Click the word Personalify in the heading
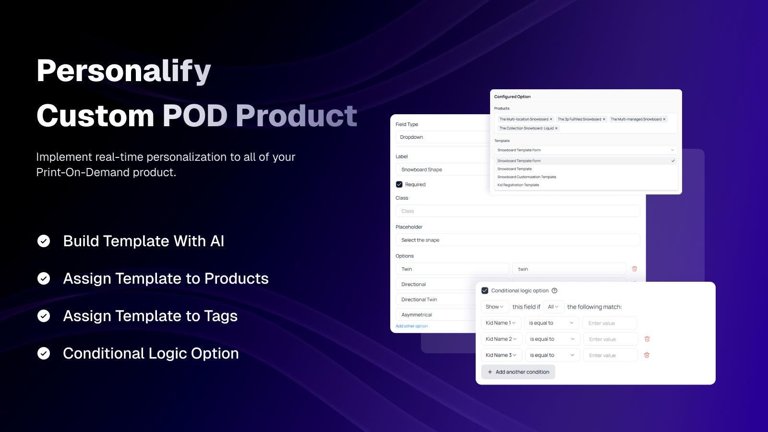(123, 71)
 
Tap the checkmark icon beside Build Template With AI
(44, 241)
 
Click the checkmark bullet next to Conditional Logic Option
(44, 354)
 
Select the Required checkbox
(399, 184)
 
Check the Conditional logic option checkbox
(485, 290)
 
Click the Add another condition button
(518, 372)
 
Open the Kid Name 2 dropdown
(501, 339)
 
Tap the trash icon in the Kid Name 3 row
(647, 355)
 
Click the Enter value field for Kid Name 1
(610, 323)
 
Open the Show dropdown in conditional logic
(494, 307)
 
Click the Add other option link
(411, 326)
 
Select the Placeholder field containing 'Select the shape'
(517, 240)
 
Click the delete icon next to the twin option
(635, 269)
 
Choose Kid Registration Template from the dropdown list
(518, 185)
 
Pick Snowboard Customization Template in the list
(527, 177)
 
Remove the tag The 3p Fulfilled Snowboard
(604, 119)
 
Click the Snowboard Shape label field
(442, 169)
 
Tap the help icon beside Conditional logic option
(554, 290)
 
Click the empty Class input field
(517, 211)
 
